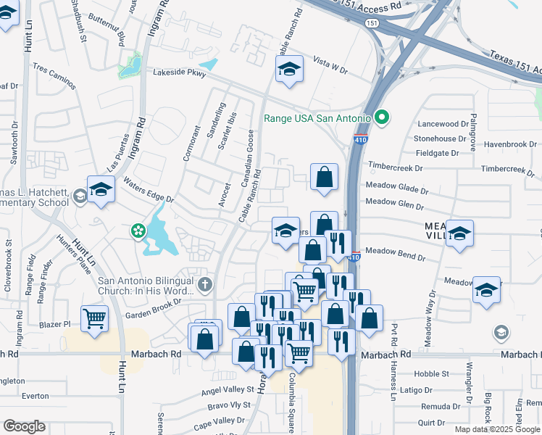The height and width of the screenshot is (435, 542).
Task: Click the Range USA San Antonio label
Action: pos(317,118)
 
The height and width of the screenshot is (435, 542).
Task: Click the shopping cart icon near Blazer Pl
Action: pos(95,319)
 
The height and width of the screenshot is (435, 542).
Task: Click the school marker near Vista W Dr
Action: pos(289,70)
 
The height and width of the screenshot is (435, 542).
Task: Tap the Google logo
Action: pos(24,426)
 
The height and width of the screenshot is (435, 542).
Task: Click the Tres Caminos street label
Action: pos(53,75)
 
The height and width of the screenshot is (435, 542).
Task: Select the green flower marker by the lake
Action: pos(137,231)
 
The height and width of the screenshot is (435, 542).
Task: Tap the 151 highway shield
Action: pos(372,23)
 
